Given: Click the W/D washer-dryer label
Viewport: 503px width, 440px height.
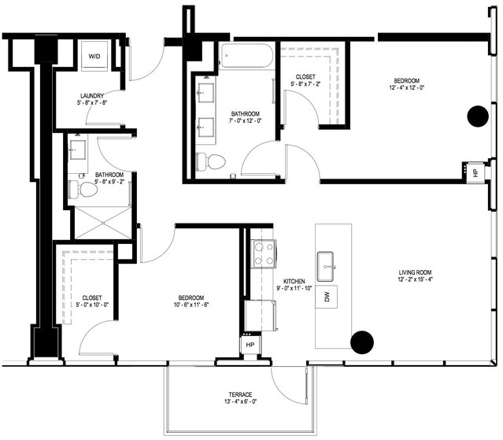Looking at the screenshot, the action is tap(94, 57).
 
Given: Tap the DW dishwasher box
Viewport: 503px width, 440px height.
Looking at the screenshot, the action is tap(327, 297).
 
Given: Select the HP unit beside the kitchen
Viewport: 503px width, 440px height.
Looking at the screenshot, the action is tap(250, 345).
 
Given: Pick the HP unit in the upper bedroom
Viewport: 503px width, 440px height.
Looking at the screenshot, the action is tap(475, 172).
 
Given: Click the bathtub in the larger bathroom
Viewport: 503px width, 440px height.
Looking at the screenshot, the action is tap(247, 56).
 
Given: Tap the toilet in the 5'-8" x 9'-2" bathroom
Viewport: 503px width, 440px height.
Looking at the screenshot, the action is tap(83, 190).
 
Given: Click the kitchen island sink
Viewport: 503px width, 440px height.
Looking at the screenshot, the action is tap(326, 266).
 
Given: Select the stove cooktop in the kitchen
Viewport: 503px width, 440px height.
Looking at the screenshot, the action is tap(264, 253).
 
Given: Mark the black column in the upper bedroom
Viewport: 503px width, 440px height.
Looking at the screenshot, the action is tap(478, 116).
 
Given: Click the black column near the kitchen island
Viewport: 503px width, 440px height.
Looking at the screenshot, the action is tap(362, 342).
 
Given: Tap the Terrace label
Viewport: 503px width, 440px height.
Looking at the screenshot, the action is tap(240, 394).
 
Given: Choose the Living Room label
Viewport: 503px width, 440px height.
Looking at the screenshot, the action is tap(415, 272).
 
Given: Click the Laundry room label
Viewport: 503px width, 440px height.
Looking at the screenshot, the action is tap(92, 96).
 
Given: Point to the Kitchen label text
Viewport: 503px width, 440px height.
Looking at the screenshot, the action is tap(294, 281).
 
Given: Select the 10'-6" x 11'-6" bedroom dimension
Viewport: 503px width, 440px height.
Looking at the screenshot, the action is tap(191, 305).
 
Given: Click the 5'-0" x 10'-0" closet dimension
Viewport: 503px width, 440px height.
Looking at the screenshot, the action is tap(92, 305).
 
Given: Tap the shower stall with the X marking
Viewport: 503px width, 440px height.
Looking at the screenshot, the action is tap(103, 223).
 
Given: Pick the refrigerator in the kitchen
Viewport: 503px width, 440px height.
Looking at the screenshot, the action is tap(261, 316).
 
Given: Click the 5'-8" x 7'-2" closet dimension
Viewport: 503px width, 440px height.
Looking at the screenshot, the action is tap(305, 84).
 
